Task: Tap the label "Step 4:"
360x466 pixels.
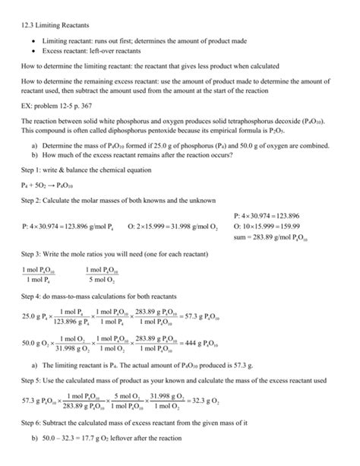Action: tap(32, 294)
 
